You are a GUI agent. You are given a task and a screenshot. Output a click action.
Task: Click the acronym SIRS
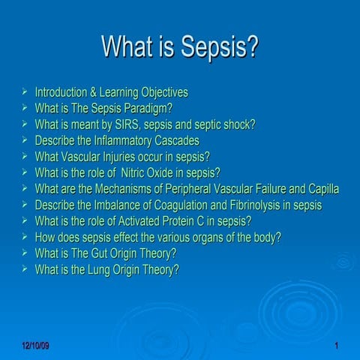pyautogui.click(x=148, y=124)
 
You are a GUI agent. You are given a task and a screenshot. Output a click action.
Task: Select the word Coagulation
pyautogui.click(x=183, y=205)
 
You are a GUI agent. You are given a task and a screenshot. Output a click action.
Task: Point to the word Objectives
pyautogui.click(x=159, y=92)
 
